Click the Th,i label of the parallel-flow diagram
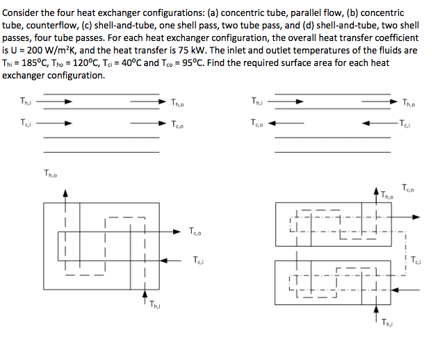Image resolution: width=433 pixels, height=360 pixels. click(26, 103)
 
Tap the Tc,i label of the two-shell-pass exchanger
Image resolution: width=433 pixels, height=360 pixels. click(416, 261)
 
